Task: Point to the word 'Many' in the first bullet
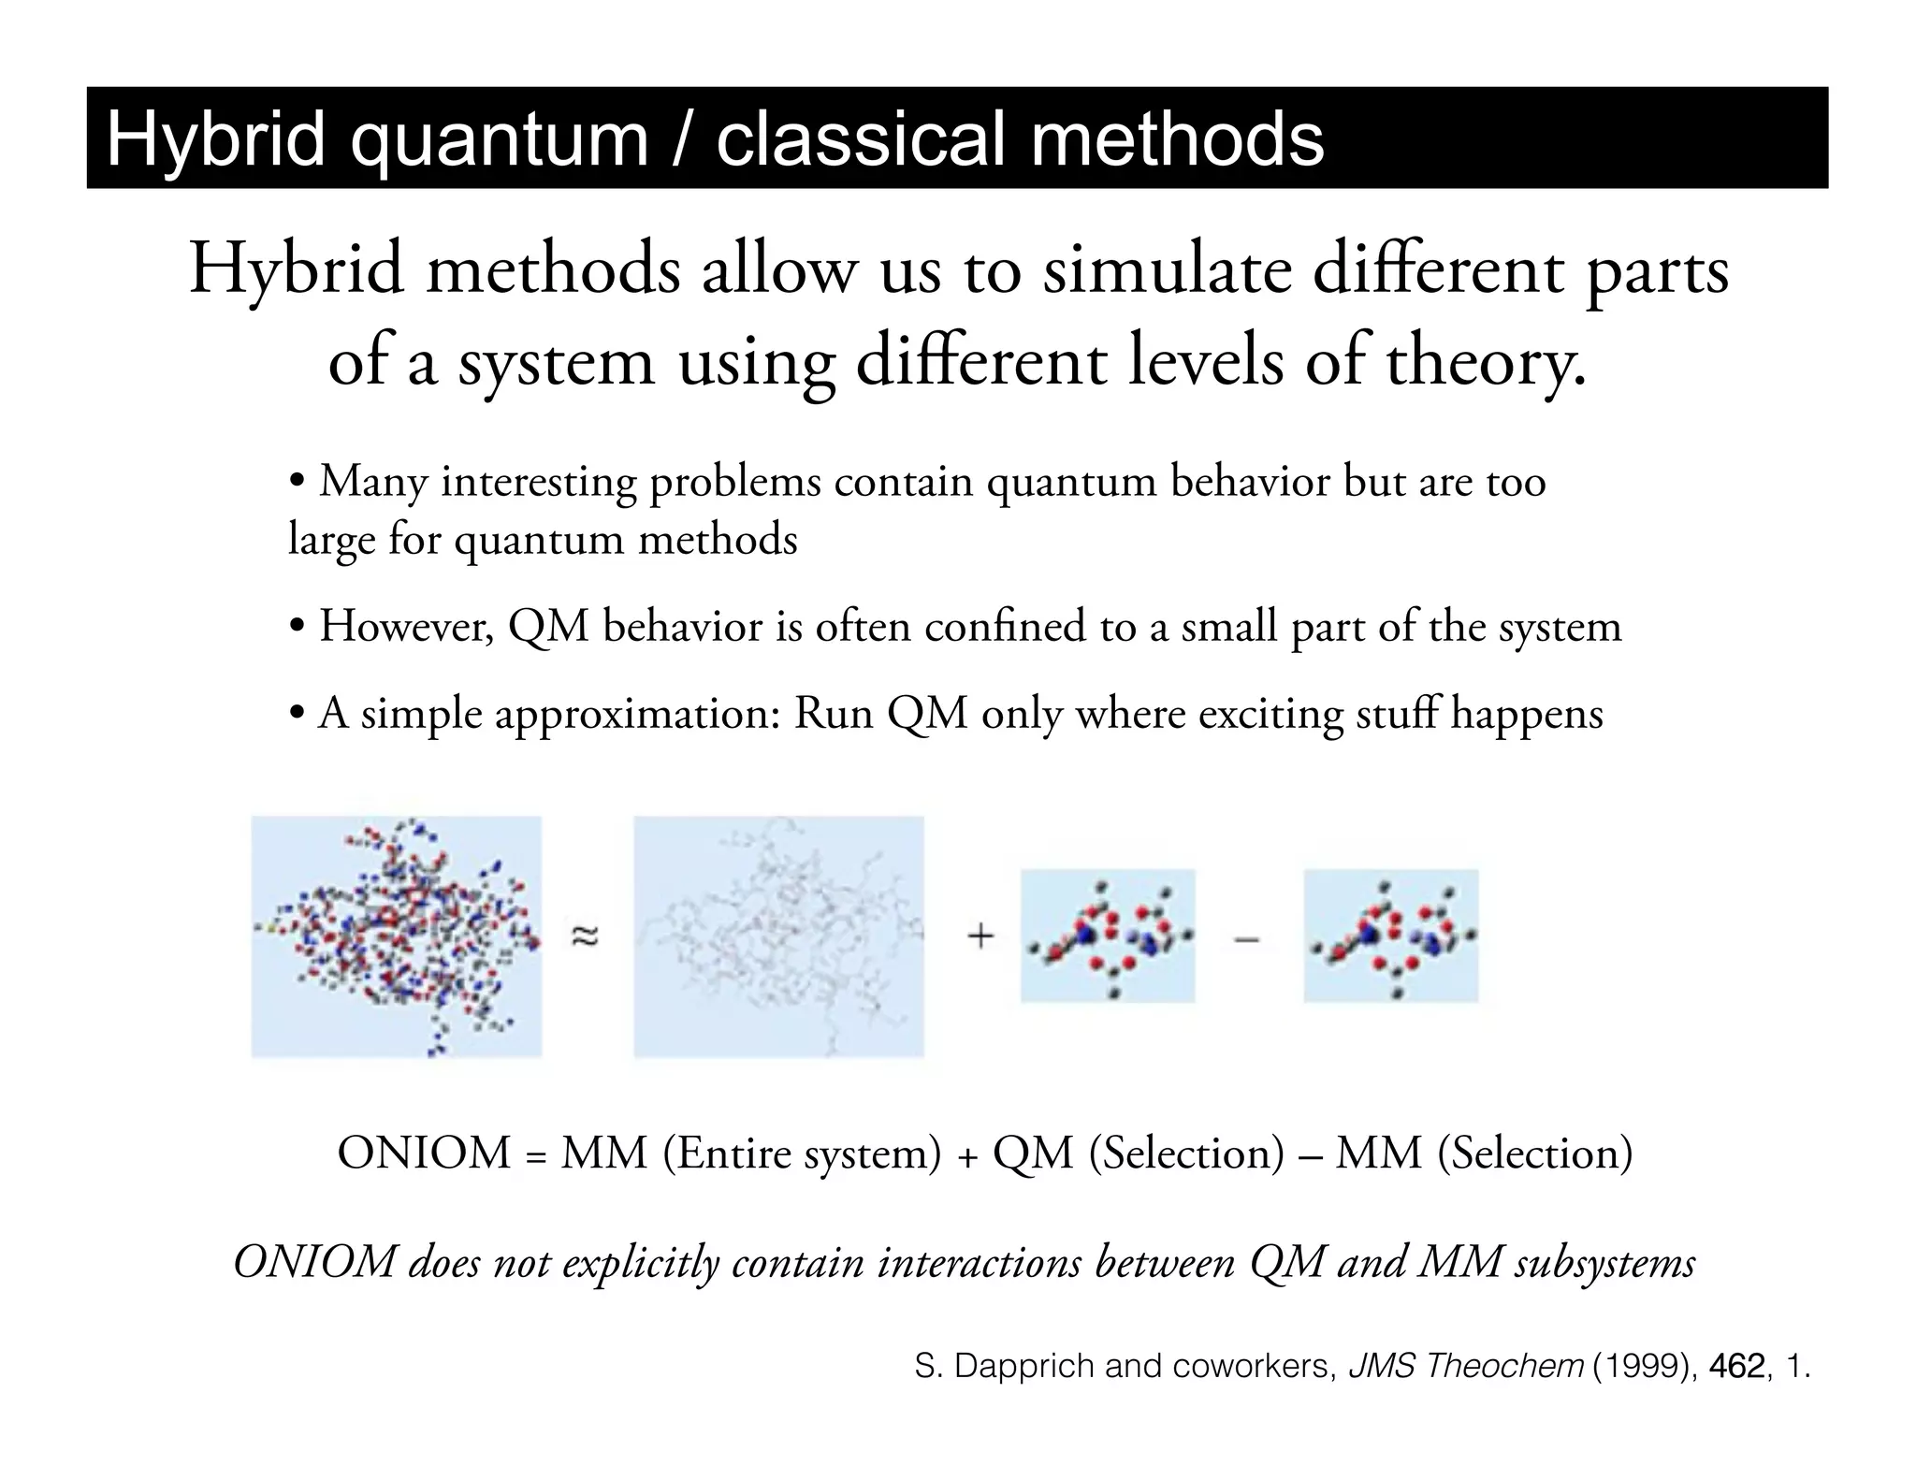[372, 482]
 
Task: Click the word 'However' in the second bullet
[406, 626]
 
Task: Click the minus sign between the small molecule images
[1247, 938]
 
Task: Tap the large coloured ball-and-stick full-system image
[396, 936]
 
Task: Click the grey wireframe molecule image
[778, 936]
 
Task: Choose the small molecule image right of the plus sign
[1108, 936]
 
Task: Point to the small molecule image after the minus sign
[1390, 936]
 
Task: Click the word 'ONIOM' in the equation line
[424, 1153]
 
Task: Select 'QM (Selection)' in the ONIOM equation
[1139, 1153]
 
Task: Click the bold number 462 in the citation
[1737, 1367]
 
